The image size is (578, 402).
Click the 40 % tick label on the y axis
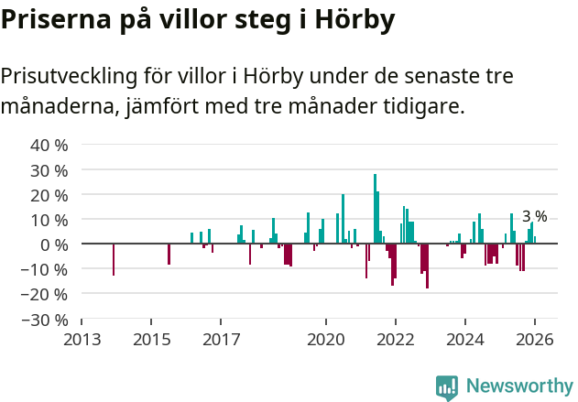[x=49, y=145]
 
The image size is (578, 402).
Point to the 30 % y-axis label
[x=49, y=170]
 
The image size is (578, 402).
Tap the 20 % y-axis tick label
[x=49, y=195]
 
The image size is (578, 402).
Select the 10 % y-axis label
[x=49, y=220]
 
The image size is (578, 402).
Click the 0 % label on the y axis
[x=54, y=244]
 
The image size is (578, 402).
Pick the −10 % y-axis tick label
[x=45, y=269]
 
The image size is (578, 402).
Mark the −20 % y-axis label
[x=45, y=294]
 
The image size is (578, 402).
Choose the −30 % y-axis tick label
[x=45, y=320]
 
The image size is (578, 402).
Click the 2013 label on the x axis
[x=82, y=340]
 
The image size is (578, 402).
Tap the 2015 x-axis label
[x=151, y=340]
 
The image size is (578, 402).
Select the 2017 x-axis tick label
[x=221, y=340]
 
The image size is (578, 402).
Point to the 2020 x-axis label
[x=325, y=340]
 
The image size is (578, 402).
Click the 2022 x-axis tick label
[x=395, y=340]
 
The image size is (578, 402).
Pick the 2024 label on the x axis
[x=464, y=340]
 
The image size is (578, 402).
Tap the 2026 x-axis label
[x=534, y=340]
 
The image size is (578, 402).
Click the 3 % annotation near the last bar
[x=535, y=217]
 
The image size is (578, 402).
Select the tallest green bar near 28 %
[x=375, y=209]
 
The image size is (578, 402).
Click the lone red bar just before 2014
[x=114, y=259]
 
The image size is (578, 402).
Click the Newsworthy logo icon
[x=447, y=387]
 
